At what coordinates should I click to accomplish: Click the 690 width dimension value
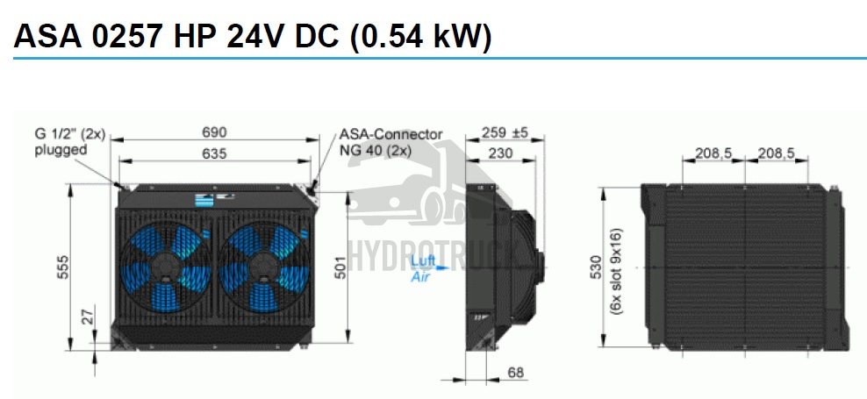tap(214, 132)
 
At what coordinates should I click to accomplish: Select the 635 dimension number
tap(214, 153)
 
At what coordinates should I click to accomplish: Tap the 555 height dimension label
tap(64, 267)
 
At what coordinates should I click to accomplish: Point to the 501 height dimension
tap(341, 267)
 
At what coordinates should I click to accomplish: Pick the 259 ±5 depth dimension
tap(505, 132)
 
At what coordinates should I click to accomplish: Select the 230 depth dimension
tap(501, 153)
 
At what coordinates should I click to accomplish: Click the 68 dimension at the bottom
tap(515, 372)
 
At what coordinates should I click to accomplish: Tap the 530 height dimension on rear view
tap(596, 267)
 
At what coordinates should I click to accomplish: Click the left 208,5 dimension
tap(713, 153)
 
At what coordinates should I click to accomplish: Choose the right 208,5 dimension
tap(776, 153)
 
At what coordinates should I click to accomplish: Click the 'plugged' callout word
tap(61, 150)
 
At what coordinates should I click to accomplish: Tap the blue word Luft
tap(424, 260)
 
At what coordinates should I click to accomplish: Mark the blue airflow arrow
tap(442, 268)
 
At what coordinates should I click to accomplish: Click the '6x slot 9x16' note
tap(617, 271)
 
